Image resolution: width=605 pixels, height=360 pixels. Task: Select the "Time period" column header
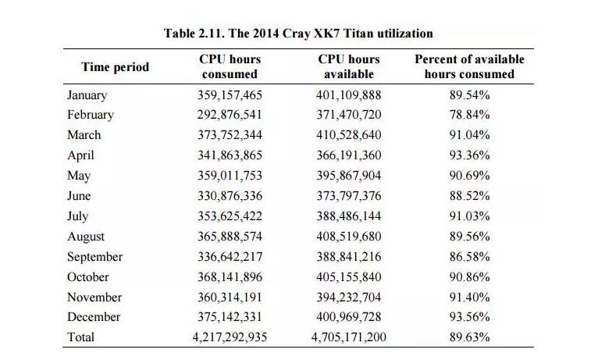coord(115,66)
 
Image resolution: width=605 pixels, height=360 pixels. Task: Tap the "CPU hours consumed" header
coord(230,66)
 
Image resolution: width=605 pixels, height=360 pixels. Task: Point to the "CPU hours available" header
coord(349,66)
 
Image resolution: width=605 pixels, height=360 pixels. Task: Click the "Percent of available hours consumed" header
coord(470,66)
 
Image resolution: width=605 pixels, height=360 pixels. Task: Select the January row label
coord(87,95)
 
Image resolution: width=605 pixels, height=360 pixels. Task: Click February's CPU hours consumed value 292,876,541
coord(230,115)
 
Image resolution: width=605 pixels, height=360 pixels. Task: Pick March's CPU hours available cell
coord(349,134)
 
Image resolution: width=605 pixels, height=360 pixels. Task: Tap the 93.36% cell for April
coord(470,155)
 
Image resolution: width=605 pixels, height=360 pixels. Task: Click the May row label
coord(79,176)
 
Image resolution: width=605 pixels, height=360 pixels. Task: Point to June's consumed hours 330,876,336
coord(230,196)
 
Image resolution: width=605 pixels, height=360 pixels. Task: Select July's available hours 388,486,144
coord(349,216)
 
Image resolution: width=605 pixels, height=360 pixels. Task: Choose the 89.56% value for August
coord(470,236)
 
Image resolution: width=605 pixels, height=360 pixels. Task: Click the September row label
coord(94,257)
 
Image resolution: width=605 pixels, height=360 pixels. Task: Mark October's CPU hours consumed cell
coord(230,277)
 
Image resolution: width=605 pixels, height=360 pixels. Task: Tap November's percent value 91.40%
coord(470,297)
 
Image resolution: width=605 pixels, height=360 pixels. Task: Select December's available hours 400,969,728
coord(349,317)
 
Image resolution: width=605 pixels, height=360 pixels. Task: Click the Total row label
coord(80,337)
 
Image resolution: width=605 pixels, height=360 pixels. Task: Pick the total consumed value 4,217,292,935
coord(230,337)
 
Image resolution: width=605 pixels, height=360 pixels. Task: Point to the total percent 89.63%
coord(470,337)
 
